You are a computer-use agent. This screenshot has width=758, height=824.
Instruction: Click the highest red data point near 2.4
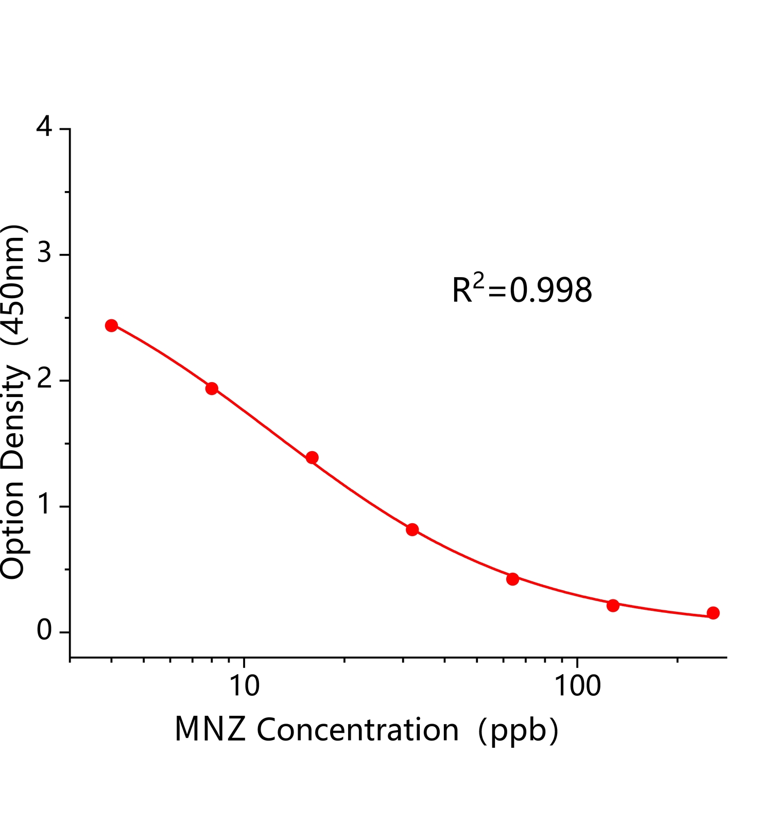tap(111, 325)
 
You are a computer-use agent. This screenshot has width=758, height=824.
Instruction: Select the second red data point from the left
tap(212, 388)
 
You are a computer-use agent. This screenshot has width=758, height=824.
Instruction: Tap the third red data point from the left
tap(312, 457)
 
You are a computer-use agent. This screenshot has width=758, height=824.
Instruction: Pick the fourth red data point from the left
tap(412, 529)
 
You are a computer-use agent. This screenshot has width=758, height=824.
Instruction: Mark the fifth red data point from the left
tap(512, 579)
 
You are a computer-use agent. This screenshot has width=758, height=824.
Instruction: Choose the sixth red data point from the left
tap(613, 605)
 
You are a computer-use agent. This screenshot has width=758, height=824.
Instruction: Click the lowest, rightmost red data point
tap(713, 613)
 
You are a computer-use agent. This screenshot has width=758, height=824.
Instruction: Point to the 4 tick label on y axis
tap(45, 127)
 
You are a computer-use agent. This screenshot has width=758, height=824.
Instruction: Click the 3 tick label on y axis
tap(45, 254)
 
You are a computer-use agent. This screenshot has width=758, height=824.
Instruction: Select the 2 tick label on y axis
tap(45, 380)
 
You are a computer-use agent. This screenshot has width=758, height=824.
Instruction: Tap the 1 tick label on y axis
tap(45, 506)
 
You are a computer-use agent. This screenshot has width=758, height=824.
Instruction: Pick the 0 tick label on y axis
tap(45, 631)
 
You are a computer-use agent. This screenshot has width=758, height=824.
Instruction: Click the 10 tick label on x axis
tap(244, 686)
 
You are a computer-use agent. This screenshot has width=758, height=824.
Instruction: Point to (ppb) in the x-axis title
tap(518, 731)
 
